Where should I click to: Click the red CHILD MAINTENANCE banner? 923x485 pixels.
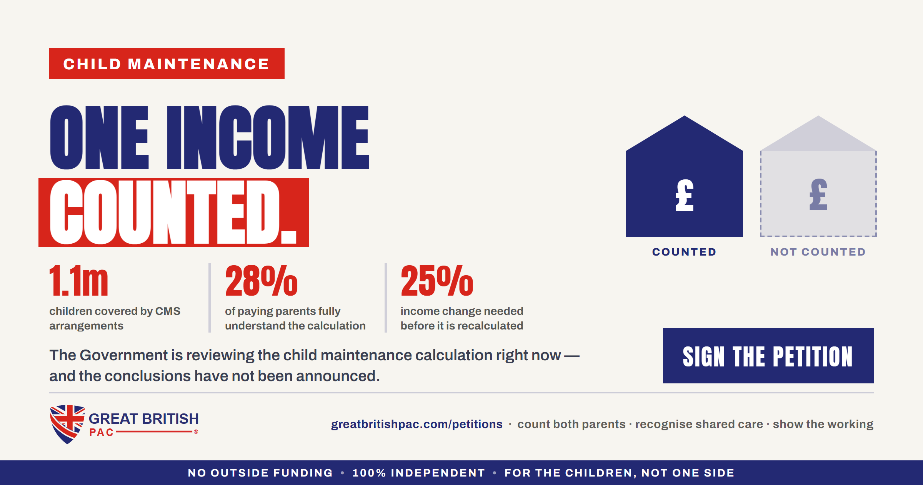(167, 64)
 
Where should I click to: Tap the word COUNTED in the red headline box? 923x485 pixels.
(173, 212)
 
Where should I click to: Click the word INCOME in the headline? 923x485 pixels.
(268, 137)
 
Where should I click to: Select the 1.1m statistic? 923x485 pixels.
(79, 281)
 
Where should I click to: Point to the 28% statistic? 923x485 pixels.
(262, 281)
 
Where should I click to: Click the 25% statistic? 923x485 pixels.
(437, 281)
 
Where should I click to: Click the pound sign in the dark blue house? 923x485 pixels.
(685, 196)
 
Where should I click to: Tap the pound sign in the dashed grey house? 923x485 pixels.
(818, 195)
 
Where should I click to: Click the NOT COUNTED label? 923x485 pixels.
(818, 252)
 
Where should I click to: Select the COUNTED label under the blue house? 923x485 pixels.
(685, 252)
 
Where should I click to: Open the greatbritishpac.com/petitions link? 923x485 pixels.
(417, 424)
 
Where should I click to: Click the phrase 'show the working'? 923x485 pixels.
(823, 424)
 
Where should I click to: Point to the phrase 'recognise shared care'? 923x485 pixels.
(699, 424)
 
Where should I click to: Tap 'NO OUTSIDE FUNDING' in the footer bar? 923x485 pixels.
(260, 473)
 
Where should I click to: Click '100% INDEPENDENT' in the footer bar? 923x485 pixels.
(419, 473)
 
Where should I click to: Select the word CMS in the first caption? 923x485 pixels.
(168, 311)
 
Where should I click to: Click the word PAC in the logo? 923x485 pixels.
(102, 432)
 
